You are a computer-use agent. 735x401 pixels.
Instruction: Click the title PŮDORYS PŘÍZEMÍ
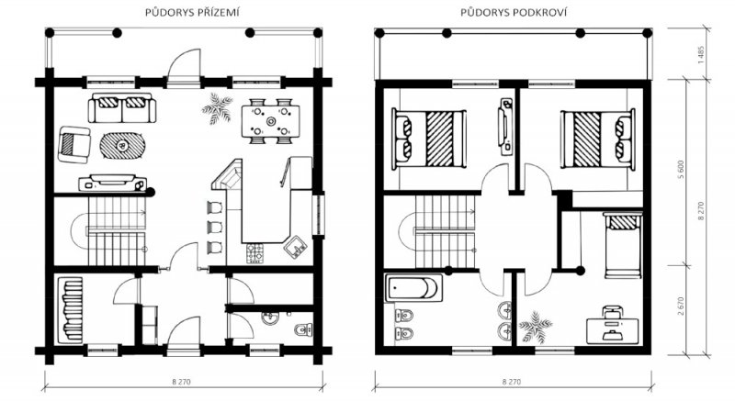(x=192, y=13)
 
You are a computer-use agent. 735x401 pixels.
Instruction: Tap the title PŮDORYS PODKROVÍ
(x=514, y=13)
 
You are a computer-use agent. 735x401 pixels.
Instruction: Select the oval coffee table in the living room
(x=122, y=146)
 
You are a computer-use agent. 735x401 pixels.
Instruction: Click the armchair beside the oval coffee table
(x=74, y=145)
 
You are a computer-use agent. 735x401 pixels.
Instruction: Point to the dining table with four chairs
(x=271, y=121)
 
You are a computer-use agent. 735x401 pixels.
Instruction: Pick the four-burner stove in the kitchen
(x=256, y=252)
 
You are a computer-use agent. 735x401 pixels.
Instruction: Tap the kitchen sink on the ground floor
(x=295, y=247)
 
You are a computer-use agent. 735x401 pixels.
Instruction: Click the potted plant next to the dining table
(x=217, y=108)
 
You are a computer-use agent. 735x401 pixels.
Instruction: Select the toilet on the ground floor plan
(x=304, y=329)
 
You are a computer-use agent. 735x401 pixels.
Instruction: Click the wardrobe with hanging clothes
(x=71, y=310)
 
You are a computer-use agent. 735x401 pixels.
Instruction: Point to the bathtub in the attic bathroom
(x=413, y=288)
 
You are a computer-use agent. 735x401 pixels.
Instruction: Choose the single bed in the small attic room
(x=623, y=245)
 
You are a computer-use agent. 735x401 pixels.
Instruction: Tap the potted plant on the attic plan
(x=536, y=326)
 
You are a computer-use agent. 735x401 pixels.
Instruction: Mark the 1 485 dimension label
(x=701, y=55)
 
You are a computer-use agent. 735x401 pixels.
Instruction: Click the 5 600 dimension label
(x=681, y=170)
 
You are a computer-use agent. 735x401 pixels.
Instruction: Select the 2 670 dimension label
(x=681, y=306)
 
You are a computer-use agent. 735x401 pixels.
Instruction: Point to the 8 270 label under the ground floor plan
(x=181, y=382)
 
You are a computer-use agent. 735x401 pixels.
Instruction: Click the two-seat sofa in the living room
(x=122, y=107)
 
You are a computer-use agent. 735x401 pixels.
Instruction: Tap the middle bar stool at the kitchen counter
(x=215, y=227)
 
